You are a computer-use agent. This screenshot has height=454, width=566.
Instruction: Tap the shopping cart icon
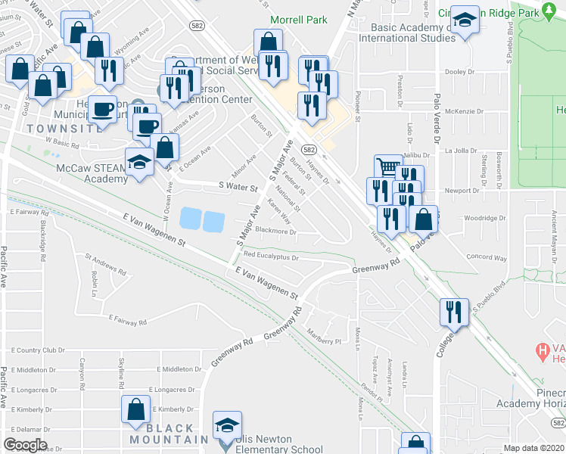point(387,166)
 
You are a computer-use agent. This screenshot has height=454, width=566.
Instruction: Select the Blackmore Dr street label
point(275,231)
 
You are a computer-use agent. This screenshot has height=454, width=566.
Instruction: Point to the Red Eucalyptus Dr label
point(271,257)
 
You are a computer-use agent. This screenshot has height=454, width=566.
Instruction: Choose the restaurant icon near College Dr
point(453,310)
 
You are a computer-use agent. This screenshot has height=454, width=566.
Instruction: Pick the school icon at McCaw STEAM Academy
point(138,161)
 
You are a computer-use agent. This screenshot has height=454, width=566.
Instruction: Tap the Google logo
point(25,445)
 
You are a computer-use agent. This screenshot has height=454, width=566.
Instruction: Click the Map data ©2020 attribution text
point(534,448)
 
